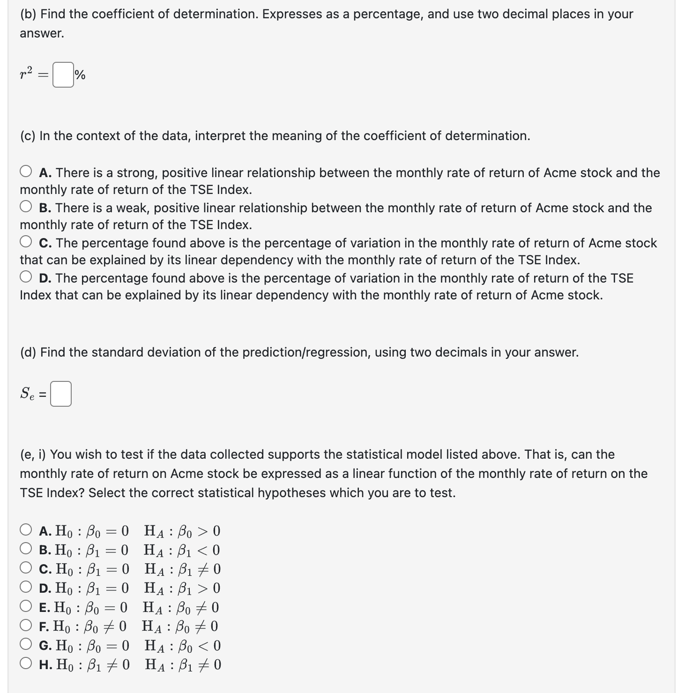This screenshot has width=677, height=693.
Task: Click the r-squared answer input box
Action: tap(63, 75)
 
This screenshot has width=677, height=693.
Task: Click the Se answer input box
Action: tap(61, 394)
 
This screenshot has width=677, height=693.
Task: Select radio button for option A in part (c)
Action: tap(26, 172)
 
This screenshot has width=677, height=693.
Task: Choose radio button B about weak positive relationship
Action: tap(26, 207)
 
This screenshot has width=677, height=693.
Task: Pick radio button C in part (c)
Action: tap(26, 242)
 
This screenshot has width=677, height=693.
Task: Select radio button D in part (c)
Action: tap(26, 277)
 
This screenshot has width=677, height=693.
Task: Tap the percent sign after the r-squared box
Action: tap(80, 75)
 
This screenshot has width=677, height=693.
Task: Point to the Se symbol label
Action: tap(27, 394)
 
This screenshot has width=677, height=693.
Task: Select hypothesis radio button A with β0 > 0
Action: tap(26, 530)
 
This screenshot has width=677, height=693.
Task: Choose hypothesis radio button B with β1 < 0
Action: tap(26, 549)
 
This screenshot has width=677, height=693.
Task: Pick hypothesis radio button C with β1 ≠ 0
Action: tap(26, 568)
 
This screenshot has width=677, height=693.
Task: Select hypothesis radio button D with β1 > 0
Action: tap(26, 588)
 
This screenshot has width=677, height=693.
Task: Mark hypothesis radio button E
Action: tap(26, 607)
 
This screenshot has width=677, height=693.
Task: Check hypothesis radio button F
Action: tap(26, 626)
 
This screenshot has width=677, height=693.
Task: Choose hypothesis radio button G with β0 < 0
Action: tap(26, 645)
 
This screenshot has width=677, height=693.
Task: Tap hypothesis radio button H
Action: tap(26, 664)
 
